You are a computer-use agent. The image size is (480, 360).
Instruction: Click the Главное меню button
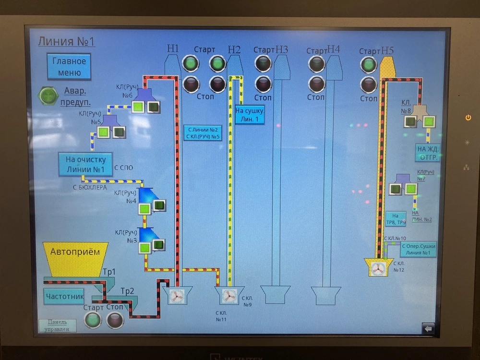click(x=69, y=67)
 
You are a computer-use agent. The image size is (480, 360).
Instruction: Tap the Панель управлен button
click(x=57, y=325)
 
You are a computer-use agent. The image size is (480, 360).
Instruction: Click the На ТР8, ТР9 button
click(x=396, y=219)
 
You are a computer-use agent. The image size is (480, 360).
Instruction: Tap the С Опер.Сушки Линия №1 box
click(x=417, y=249)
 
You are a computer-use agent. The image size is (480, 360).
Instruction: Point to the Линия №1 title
click(x=66, y=41)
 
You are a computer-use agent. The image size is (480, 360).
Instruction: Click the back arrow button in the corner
click(x=428, y=329)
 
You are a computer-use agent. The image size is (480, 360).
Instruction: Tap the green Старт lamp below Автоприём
click(x=93, y=319)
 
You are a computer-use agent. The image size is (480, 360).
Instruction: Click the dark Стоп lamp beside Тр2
click(x=115, y=319)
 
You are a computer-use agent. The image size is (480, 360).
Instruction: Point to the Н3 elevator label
click(x=282, y=49)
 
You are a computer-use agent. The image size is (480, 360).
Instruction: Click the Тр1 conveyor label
click(x=109, y=272)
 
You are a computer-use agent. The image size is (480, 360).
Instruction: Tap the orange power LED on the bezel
click(x=468, y=118)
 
